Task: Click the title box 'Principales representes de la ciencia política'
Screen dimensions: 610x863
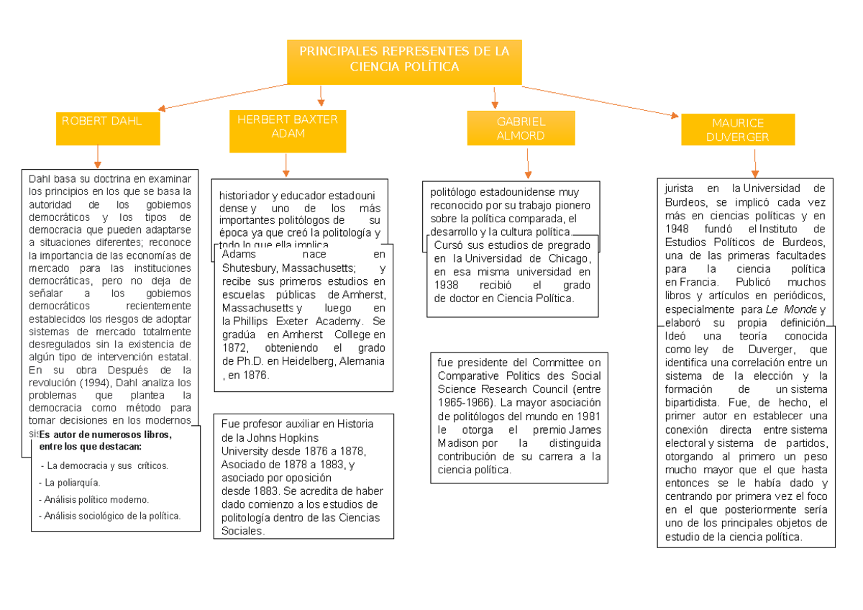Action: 403,61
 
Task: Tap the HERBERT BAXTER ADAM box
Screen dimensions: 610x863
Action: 288,131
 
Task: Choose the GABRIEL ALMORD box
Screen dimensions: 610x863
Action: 521,129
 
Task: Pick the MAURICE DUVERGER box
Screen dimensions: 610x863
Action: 737,130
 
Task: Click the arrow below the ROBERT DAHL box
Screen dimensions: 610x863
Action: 97,156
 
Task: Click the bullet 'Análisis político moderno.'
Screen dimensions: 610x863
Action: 96,499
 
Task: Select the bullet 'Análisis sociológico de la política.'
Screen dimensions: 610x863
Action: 112,516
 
